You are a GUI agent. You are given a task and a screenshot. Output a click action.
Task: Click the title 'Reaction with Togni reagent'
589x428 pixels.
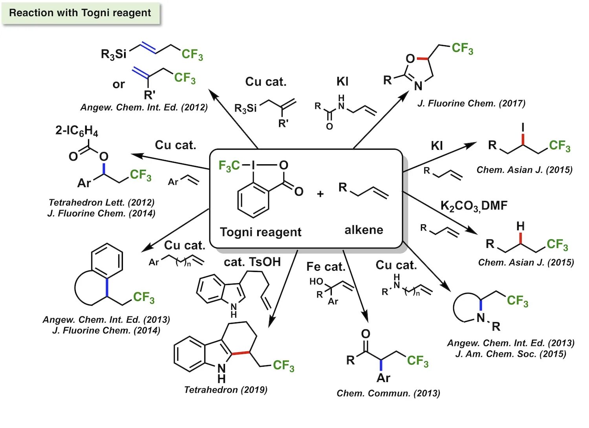click(x=80, y=13)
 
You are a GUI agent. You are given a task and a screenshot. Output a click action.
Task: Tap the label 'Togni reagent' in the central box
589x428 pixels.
click(x=260, y=232)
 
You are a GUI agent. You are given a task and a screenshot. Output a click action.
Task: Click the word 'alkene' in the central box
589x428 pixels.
click(x=364, y=230)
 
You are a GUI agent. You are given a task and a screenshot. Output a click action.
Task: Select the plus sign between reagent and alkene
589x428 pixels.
click(x=320, y=194)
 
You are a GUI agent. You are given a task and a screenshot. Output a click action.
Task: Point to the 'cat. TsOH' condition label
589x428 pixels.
click(x=252, y=262)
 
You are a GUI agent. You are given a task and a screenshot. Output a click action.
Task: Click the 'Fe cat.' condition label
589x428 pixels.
click(x=326, y=267)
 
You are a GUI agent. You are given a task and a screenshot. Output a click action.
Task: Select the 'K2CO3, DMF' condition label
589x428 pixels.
click(x=474, y=206)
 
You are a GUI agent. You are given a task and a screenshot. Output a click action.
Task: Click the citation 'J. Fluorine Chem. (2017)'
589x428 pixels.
click(x=471, y=103)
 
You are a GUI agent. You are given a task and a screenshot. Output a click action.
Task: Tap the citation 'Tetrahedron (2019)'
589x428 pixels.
click(x=226, y=390)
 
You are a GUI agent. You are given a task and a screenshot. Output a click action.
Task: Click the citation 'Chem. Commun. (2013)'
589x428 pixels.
click(x=388, y=393)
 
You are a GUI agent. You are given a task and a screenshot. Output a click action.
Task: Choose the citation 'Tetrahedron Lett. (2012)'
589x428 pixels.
click(x=101, y=202)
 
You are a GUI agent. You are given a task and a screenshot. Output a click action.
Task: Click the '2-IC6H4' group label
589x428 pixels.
click(x=77, y=130)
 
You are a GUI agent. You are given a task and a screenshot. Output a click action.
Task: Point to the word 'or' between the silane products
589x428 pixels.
click(x=119, y=84)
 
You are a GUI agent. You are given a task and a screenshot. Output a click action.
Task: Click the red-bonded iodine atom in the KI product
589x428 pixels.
click(x=523, y=127)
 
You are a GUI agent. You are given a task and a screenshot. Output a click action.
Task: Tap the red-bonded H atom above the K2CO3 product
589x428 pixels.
click(x=520, y=226)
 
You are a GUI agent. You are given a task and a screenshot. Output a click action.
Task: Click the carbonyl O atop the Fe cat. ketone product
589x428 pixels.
click(x=366, y=334)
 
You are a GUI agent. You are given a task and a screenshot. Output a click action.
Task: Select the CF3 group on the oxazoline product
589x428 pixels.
click(x=462, y=48)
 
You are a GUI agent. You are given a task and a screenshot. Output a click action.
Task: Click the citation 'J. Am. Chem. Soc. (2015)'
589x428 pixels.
click(x=510, y=354)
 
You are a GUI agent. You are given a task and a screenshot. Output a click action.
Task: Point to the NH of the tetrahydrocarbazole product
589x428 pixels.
click(x=221, y=373)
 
